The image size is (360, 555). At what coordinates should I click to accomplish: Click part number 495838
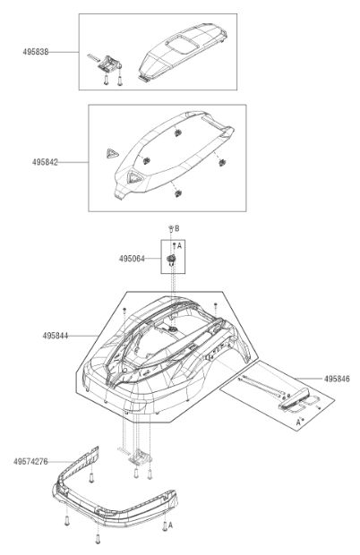click(x=36, y=52)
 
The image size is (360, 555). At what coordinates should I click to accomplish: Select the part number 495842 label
click(x=45, y=162)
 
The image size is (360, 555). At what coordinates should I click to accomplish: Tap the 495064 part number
click(x=132, y=259)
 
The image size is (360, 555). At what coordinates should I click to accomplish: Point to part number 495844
click(x=56, y=335)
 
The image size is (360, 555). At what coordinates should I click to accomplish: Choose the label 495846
click(x=337, y=379)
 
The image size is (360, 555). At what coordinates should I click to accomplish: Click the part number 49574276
click(x=30, y=462)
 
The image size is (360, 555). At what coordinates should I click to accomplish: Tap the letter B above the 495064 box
click(x=177, y=228)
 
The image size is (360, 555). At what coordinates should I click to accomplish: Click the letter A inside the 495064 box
click(x=179, y=245)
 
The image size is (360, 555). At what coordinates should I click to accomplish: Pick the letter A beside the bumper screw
click(x=170, y=525)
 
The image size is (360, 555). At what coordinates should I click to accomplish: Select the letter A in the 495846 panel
click(x=298, y=423)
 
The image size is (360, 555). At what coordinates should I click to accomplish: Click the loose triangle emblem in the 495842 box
click(x=112, y=154)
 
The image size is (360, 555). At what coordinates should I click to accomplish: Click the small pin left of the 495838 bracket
click(x=94, y=57)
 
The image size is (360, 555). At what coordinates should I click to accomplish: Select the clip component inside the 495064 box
click(x=171, y=260)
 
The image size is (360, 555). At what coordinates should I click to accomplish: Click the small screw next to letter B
click(x=171, y=228)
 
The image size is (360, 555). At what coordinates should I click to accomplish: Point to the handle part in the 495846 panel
click(x=295, y=399)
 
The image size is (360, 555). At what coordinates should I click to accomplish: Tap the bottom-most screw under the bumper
click(x=98, y=538)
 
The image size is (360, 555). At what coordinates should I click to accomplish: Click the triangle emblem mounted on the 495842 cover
click(x=135, y=176)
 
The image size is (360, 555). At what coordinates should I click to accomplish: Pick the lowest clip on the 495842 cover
click(x=177, y=193)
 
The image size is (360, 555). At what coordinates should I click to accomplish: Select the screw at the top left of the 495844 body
click(x=124, y=311)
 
